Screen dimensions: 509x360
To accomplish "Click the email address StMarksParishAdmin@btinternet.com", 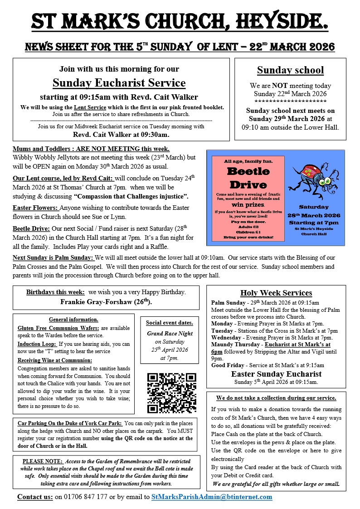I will [212, 497].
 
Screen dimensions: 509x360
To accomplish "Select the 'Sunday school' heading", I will [290, 70].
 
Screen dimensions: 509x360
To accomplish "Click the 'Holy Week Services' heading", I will [276, 293].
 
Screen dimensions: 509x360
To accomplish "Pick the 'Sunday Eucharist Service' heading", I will [119, 83].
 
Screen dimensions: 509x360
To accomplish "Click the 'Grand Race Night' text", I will [170, 333].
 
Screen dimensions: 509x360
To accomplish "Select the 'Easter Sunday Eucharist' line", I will [276, 374].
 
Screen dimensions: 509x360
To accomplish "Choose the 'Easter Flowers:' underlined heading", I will [36, 208].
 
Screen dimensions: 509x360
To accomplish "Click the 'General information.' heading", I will [73, 319].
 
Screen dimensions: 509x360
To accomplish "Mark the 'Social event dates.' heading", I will [170, 323].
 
